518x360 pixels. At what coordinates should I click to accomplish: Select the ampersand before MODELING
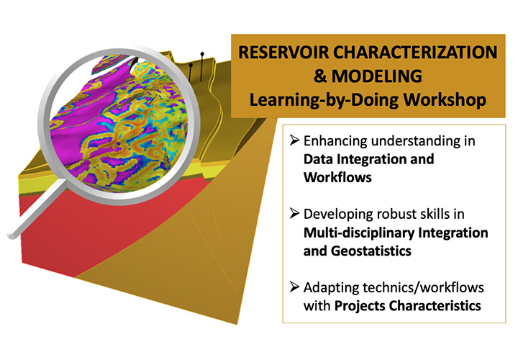click(x=319, y=76)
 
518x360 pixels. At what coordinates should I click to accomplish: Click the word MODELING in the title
click(x=376, y=76)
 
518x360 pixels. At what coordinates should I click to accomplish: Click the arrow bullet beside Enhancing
click(x=294, y=140)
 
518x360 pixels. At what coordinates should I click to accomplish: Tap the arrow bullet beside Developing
click(x=294, y=213)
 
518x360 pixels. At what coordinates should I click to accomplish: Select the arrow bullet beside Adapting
click(x=294, y=287)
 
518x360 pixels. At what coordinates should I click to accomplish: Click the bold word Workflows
click(x=337, y=178)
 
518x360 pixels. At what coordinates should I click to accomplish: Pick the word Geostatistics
click(x=371, y=251)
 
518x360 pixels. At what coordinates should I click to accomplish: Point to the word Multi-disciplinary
click(x=359, y=233)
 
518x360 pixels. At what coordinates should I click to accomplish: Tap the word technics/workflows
click(x=423, y=287)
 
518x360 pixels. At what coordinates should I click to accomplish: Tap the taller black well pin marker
click(x=201, y=66)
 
